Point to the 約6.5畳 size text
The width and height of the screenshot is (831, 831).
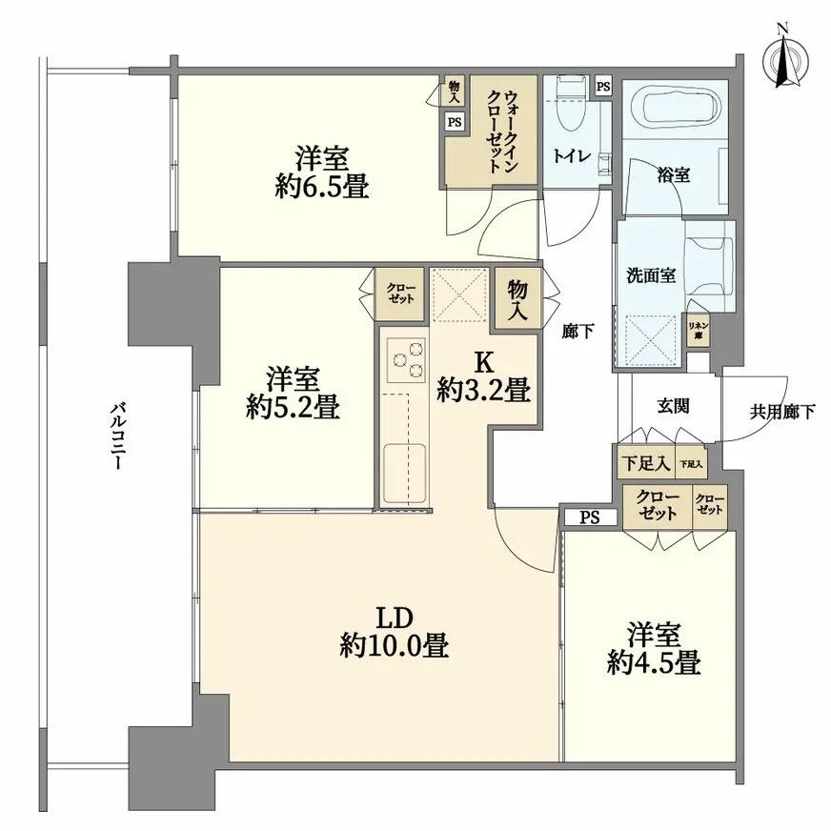(x=318, y=185)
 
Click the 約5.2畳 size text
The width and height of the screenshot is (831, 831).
(x=292, y=408)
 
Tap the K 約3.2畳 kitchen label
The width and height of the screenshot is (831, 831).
(x=484, y=379)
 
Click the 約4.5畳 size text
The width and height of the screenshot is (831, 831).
(x=655, y=661)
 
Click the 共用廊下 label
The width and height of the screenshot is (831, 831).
(x=782, y=412)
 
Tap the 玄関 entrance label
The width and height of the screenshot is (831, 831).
(x=674, y=405)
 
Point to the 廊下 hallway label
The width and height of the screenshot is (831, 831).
(x=578, y=331)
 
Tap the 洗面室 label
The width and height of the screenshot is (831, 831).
(x=651, y=275)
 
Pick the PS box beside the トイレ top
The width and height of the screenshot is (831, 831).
(x=602, y=87)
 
